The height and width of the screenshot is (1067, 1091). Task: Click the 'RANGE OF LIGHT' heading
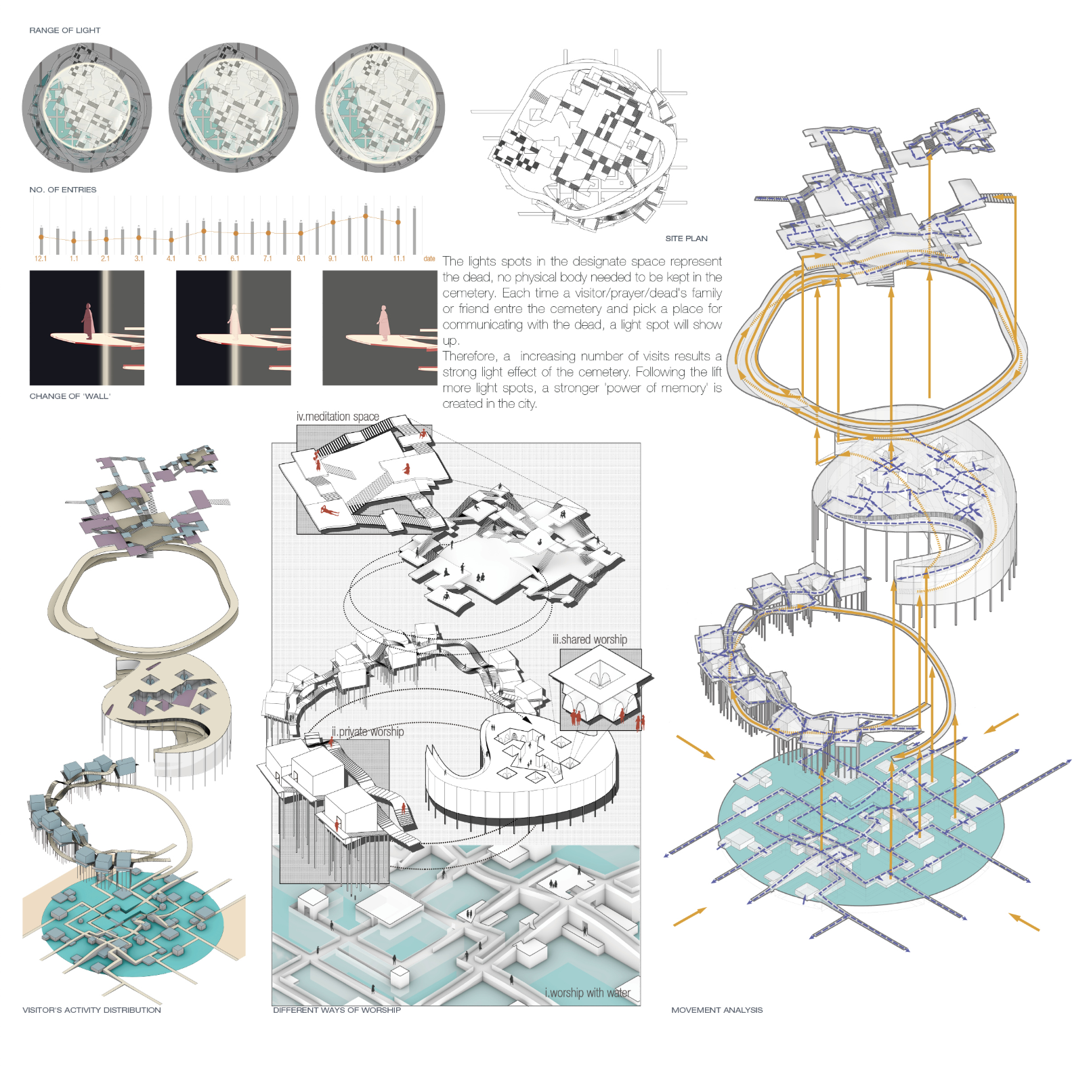pos(64,30)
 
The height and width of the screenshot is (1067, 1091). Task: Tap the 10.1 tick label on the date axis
pos(366,259)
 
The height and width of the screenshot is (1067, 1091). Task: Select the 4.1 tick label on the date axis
pos(171,259)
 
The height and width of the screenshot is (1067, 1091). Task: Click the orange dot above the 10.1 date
pos(366,216)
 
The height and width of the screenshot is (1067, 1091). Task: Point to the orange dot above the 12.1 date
pos(41,237)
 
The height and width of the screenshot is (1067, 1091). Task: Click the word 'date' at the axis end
pos(429,259)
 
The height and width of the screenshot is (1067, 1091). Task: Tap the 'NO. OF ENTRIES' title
pos(62,190)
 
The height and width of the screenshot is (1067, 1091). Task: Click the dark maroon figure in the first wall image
pos(88,321)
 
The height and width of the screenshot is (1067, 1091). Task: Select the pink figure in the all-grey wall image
pos(384,323)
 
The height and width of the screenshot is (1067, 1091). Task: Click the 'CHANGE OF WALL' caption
pos(70,396)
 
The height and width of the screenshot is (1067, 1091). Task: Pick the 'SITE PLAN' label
pos(686,238)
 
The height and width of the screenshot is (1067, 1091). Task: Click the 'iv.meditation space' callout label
pos(337,417)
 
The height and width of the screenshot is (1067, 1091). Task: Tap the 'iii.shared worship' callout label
pos(589,640)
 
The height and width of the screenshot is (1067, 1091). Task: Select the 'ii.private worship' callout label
pos(368,732)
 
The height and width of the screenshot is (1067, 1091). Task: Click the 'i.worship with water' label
pos(587,993)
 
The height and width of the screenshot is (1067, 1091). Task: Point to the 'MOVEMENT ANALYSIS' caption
pos(716,1010)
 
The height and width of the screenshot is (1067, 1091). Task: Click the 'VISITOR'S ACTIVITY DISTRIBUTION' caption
pos(91,1010)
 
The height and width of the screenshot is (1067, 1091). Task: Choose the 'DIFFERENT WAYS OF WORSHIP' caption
pos(337,1010)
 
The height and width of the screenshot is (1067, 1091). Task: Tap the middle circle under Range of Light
pos(233,108)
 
